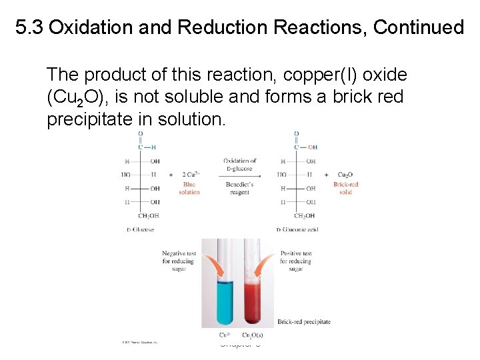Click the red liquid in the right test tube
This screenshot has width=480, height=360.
[255, 300]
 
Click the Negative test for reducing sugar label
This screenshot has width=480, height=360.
[178, 261]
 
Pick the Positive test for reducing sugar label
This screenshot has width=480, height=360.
[295, 261]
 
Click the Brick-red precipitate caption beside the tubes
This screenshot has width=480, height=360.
[304, 321]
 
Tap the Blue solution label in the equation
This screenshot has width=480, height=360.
[189, 188]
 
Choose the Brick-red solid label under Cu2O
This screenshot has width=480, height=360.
[346, 188]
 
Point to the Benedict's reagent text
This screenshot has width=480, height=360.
[239, 188]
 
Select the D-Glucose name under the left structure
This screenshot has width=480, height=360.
[139, 230]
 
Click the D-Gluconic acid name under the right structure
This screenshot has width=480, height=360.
[298, 230]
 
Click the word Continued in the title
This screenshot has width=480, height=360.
[418, 27]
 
